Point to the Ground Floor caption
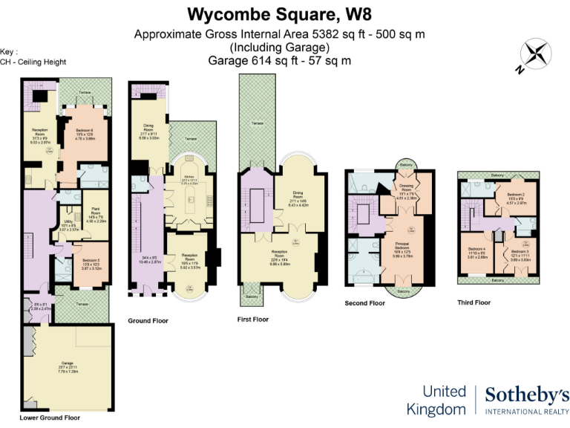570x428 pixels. tap(148, 321)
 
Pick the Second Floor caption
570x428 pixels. tap(365, 303)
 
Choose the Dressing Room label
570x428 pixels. tap(405, 192)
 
